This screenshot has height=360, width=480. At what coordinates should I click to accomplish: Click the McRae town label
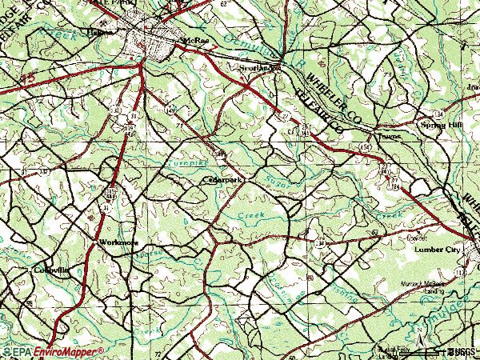tap(196, 40)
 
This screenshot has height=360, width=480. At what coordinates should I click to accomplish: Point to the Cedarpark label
tap(222, 181)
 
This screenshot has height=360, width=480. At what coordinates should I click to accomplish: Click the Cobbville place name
tap(51, 270)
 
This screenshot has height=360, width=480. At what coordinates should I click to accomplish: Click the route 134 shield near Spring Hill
tap(461, 115)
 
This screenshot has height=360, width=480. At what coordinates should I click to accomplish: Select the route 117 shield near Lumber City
tap(458, 273)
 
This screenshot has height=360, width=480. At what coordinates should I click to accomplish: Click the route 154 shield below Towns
tap(366, 149)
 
